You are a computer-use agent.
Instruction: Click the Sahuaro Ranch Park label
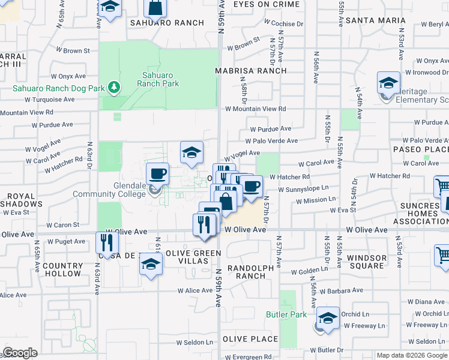[157, 79]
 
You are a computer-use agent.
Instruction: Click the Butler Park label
[286, 314]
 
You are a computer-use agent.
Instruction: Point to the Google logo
[20, 353]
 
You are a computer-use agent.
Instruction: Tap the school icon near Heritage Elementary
[388, 83]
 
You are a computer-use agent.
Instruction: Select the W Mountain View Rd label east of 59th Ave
[255, 109]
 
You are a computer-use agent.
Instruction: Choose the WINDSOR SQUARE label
[367, 262]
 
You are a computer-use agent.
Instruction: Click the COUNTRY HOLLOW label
[62, 269]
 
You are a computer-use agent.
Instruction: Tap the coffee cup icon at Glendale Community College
[157, 174]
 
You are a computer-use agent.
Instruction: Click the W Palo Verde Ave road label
[275, 141]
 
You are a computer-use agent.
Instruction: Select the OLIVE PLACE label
[250, 339]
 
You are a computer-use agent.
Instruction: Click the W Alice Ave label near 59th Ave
[195, 290]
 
